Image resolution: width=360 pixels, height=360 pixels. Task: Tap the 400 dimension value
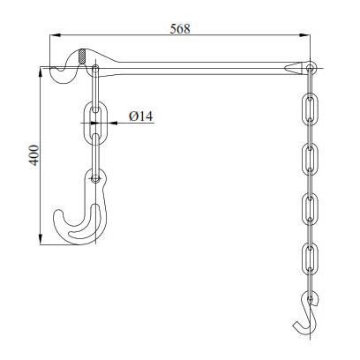point(34,157)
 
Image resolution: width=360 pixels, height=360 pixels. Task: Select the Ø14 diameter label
point(142,116)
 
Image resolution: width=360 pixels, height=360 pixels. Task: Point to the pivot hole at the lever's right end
point(310,66)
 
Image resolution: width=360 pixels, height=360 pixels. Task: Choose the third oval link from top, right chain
point(310,207)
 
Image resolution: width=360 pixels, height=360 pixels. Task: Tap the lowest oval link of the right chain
point(310,256)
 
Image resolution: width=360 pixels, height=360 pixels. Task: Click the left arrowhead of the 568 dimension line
point(48,36)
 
